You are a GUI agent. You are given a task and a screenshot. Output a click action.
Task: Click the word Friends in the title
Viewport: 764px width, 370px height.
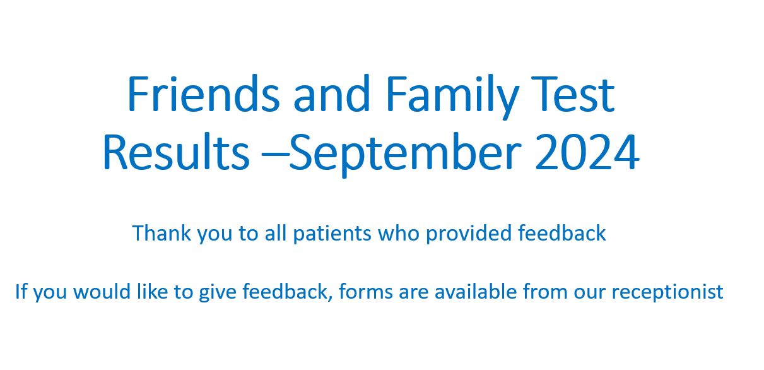tap(204, 93)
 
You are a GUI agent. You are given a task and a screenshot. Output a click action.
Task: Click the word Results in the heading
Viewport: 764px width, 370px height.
tap(176, 151)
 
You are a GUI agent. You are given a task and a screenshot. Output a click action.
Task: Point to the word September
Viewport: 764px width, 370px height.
tap(405, 155)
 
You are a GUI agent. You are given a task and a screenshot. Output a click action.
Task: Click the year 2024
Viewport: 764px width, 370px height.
tap(587, 152)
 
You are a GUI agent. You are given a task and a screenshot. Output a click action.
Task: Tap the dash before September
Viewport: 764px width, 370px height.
tap(275, 154)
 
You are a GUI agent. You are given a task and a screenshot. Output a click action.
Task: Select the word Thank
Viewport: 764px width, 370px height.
tap(162, 233)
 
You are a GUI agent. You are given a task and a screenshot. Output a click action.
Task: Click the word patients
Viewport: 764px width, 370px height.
tap(332, 234)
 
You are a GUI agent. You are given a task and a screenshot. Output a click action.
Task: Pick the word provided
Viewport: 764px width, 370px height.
tap(469, 234)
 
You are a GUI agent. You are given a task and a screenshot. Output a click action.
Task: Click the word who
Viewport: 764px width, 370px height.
tap(398, 233)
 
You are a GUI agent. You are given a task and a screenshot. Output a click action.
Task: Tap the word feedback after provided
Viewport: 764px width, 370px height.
tap(561, 233)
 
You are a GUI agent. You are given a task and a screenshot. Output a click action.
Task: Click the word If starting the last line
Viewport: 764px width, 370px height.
tap(21, 292)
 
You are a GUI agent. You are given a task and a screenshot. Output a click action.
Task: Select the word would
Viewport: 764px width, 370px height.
tap(102, 292)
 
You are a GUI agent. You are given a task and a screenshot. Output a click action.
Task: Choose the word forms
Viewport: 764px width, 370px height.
tap(366, 291)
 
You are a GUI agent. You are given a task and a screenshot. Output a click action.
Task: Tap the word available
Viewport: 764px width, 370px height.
tap(476, 292)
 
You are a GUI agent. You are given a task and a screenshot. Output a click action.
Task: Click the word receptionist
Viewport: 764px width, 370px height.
tap(667, 293)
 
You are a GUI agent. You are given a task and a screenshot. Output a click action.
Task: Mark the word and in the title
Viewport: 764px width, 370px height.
tap(331, 93)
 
